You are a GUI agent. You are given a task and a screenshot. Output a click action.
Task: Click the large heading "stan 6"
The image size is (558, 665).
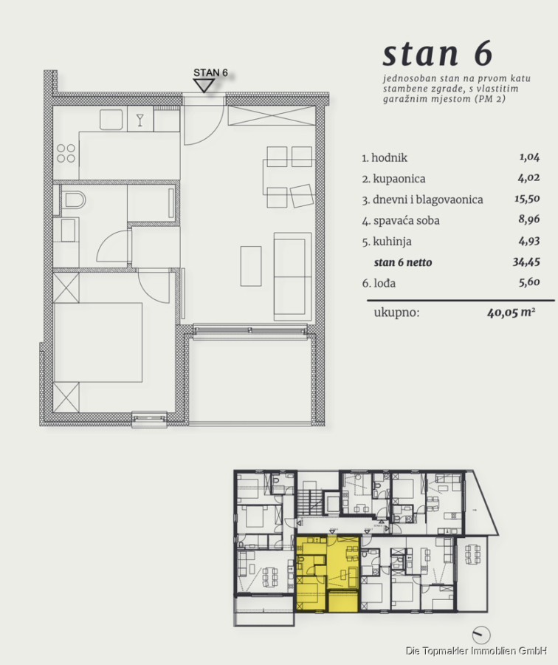point(438,54)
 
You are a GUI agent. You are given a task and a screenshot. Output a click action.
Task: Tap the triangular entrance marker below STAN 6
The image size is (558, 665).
point(204,86)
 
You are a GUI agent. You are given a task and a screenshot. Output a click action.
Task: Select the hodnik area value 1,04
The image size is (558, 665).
point(530,157)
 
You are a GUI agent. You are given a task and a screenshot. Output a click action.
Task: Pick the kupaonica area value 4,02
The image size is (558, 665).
point(528,178)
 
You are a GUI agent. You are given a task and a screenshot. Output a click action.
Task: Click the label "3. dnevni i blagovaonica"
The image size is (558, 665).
point(422,199)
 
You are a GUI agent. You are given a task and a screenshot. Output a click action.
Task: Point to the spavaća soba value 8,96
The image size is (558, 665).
point(528,219)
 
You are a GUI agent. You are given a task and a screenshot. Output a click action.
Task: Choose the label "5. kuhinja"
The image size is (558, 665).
point(387,242)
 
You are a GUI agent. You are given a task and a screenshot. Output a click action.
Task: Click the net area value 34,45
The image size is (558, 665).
point(526,262)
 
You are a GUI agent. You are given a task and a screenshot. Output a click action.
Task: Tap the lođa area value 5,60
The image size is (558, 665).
point(530,282)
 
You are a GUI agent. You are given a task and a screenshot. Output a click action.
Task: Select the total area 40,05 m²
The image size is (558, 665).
point(511,313)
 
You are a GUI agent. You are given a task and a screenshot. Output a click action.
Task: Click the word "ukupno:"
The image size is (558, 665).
point(396,313)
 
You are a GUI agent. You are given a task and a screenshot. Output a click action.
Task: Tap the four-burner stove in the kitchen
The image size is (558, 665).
point(66,153)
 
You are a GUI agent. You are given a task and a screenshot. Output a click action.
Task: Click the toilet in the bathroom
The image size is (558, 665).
point(73,199)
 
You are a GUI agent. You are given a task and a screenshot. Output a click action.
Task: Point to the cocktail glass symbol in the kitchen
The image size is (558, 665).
point(139,120)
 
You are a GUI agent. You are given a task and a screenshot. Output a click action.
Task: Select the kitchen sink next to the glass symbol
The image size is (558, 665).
point(111,119)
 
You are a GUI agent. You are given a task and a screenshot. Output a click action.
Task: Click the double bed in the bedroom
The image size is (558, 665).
point(98,342)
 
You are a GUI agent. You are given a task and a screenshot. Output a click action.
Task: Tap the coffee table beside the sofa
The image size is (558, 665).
point(251,266)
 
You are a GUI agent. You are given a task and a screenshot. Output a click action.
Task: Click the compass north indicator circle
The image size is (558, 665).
point(481,635)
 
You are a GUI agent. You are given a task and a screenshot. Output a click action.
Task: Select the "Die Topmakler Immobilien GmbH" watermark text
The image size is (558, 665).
point(476,650)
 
